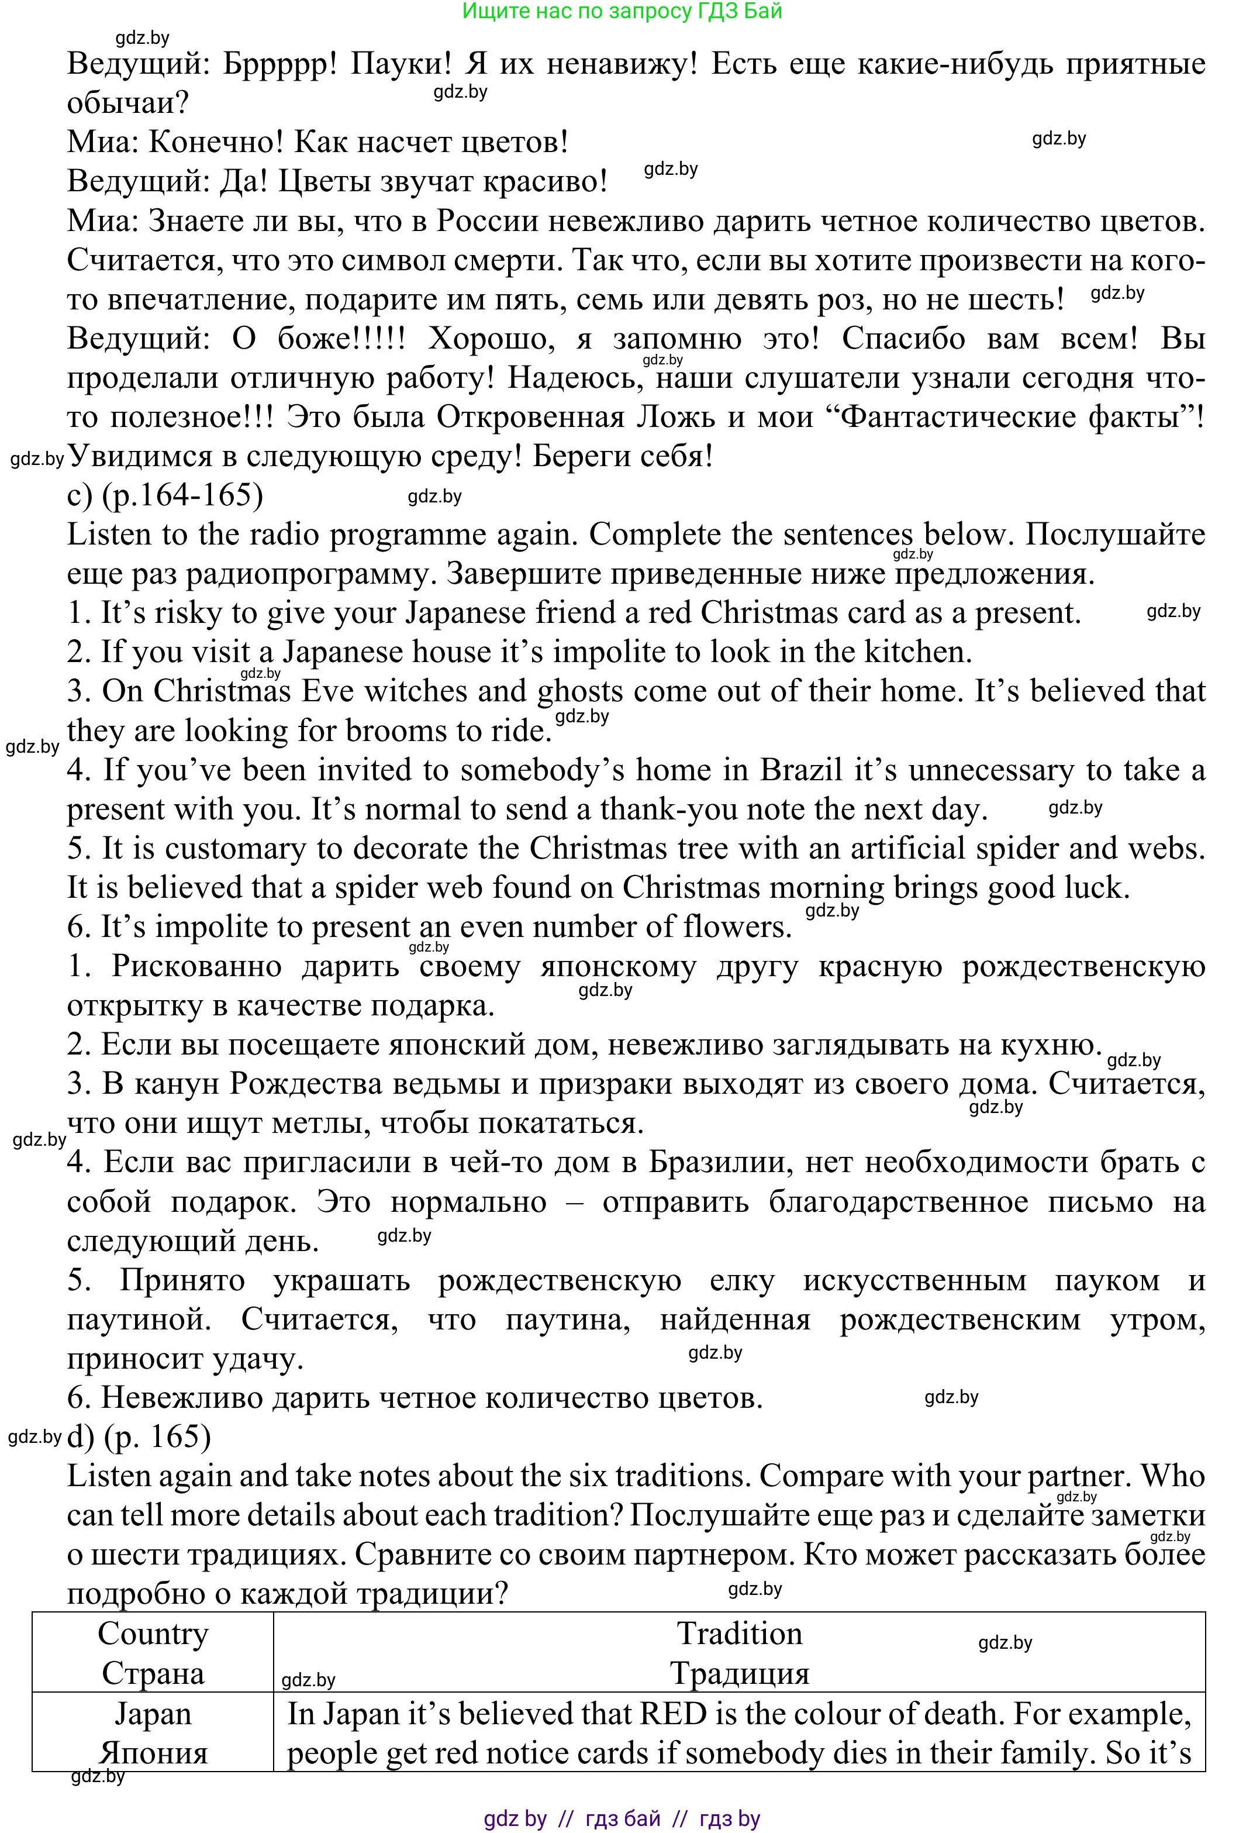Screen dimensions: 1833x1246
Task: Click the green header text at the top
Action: pyautogui.click(x=622, y=11)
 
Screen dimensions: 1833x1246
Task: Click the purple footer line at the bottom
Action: pyautogui.click(x=622, y=1818)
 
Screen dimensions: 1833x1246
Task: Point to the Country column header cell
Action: pyautogui.click(x=153, y=1653)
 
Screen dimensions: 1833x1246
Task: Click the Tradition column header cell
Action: pyautogui.click(x=739, y=1653)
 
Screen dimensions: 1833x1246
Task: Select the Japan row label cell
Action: pyautogui.click(x=153, y=1733)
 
